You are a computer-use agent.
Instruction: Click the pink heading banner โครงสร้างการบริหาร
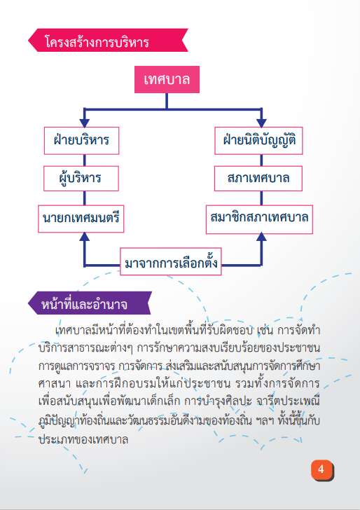(108, 40)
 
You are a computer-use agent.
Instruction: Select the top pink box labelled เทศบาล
(167, 80)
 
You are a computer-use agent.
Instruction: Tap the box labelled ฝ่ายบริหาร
(82, 141)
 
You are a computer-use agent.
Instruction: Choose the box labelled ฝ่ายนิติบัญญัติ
(258, 141)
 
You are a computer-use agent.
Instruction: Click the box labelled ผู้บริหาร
(81, 178)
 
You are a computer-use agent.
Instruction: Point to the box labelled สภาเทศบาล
(258, 178)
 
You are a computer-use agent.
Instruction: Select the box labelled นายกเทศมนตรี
(81, 219)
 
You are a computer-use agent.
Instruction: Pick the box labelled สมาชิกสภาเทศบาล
(259, 219)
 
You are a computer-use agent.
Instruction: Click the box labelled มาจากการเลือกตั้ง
(171, 261)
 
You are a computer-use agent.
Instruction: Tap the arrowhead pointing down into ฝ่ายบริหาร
(85, 123)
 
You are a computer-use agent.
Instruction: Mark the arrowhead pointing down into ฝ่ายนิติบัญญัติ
(261, 123)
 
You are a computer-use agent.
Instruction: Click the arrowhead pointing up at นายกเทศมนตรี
(85, 237)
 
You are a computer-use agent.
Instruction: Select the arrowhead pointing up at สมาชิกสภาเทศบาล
(261, 237)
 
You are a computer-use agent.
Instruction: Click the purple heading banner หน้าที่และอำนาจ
(90, 303)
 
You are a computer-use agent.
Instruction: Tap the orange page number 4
(322, 470)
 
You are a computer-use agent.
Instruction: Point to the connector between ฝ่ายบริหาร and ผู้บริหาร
(85, 160)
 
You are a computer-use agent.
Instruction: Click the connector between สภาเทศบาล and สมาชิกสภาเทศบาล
(261, 198)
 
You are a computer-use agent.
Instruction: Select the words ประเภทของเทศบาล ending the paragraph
(83, 439)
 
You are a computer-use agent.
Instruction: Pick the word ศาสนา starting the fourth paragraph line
(55, 383)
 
